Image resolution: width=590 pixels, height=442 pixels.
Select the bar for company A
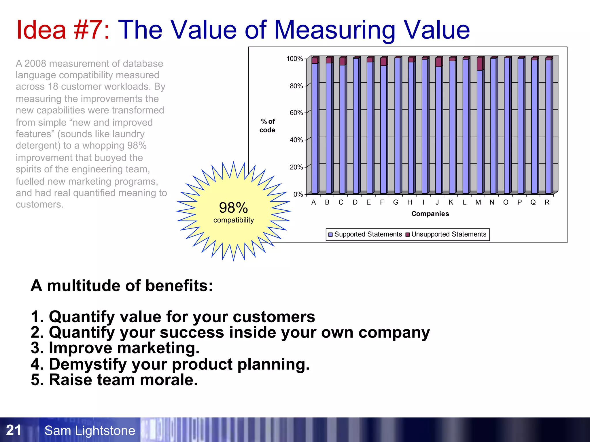(x=315, y=127)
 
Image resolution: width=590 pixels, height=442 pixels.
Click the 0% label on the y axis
(x=298, y=195)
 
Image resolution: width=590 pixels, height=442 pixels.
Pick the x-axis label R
(x=547, y=203)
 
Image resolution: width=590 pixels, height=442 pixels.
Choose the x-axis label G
(x=396, y=203)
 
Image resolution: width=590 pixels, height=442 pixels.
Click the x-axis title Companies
(x=430, y=214)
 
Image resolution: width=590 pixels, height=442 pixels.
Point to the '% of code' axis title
(x=267, y=126)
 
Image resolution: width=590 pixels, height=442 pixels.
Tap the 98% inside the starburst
(x=233, y=208)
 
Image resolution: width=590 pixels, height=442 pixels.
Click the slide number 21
(x=14, y=430)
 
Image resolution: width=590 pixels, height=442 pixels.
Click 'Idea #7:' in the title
(x=63, y=30)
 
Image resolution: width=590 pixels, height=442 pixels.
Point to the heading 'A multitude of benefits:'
(x=122, y=286)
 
